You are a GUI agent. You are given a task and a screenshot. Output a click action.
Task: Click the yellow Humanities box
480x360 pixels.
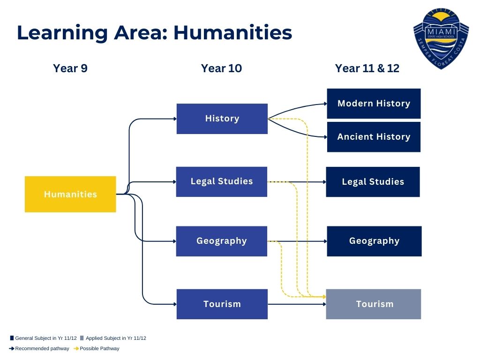coord(70,194)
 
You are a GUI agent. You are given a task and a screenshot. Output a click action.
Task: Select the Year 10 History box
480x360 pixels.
coord(222,119)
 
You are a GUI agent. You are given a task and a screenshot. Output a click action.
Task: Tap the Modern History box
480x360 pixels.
coord(374,104)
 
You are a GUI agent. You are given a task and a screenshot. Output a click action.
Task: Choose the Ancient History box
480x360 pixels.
coord(374,137)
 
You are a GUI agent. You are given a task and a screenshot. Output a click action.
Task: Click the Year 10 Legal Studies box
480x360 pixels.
coord(222,181)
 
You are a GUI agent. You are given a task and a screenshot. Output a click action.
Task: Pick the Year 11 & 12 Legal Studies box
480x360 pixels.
coord(373,182)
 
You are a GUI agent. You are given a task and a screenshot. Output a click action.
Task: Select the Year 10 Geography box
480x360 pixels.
coord(222,241)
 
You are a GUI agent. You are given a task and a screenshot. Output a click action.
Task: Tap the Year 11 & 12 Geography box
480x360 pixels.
coord(374,241)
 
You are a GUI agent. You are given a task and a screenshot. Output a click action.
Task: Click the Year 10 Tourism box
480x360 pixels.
coord(222,304)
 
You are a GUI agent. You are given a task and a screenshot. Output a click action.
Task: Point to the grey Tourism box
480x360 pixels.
coord(374,304)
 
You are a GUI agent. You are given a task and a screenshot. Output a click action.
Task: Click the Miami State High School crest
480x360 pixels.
coord(441,38)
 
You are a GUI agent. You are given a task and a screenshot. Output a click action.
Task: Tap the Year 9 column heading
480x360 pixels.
coord(70,68)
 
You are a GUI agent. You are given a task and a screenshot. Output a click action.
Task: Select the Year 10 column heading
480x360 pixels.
coord(221,68)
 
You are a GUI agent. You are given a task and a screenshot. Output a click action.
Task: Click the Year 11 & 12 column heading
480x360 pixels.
coord(367,68)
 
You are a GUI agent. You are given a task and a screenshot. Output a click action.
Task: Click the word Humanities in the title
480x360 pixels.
coord(232,33)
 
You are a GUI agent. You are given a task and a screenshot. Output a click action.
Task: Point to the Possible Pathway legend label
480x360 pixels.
coord(99,348)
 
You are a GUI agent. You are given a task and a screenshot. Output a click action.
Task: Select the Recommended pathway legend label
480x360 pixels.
coord(42,348)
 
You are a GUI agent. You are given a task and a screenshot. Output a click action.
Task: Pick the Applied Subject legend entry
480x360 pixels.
coord(113,338)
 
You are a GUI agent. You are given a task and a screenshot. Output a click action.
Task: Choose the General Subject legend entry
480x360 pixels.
coord(44,338)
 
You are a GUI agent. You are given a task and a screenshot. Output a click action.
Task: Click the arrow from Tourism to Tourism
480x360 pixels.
coord(297,304)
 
